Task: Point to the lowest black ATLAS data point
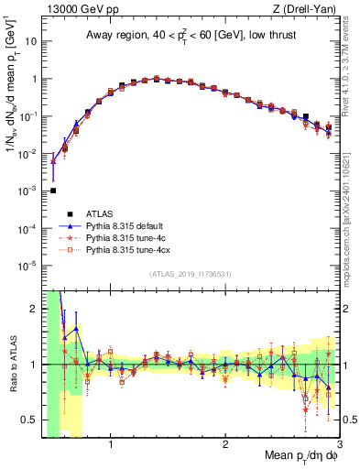pos(53,191)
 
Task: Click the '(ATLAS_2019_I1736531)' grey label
pos(191,273)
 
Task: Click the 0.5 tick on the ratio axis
pos(31,420)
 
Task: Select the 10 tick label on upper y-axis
pos(30,41)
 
